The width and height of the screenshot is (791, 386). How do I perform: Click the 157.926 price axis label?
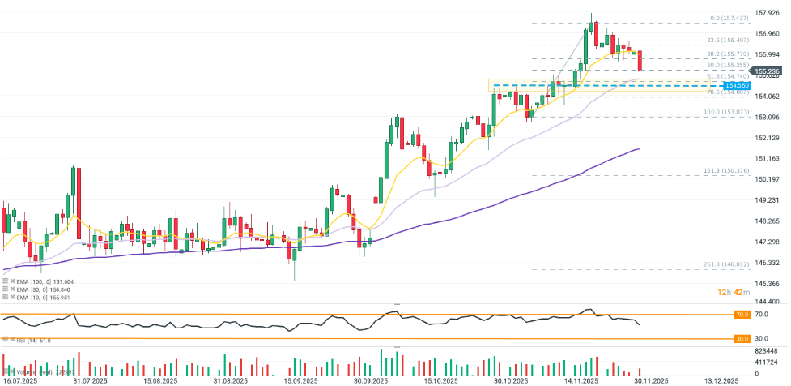click(767, 13)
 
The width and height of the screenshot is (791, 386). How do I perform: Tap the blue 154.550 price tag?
click(737, 85)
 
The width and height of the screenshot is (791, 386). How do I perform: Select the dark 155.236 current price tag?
click(767, 71)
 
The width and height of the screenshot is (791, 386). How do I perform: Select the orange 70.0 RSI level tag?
click(740, 313)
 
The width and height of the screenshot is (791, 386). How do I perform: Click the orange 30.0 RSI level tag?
click(740, 338)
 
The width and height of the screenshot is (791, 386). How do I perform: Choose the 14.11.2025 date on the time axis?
click(581, 380)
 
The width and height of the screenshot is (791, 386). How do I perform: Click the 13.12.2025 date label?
click(720, 380)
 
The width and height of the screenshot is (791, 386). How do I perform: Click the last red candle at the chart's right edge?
click(640, 60)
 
